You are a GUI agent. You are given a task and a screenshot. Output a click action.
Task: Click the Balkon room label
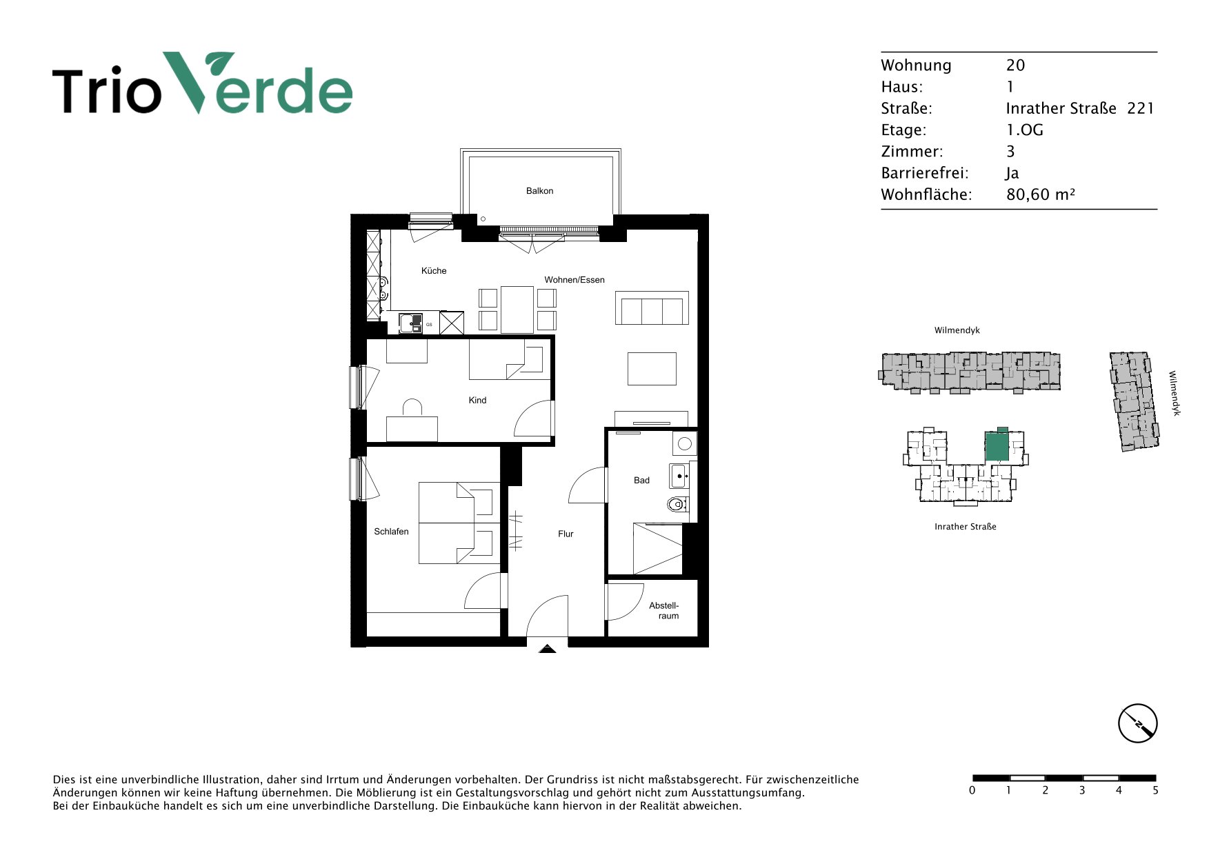tap(539, 191)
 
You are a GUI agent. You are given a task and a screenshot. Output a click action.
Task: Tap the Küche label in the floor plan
tap(434, 271)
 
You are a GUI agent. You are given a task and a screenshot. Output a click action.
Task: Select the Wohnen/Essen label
tap(574, 280)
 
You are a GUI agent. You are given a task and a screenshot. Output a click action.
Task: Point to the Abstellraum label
tap(664, 611)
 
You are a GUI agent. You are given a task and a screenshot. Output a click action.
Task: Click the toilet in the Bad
tap(678, 505)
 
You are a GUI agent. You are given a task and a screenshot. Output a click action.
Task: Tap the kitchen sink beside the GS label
tap(410, 323)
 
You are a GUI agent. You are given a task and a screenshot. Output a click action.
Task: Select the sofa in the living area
tap(652, 308)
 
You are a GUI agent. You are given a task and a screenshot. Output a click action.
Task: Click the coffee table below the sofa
tap(652, 369)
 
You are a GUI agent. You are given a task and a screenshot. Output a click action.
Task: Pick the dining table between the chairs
tap(517, 310)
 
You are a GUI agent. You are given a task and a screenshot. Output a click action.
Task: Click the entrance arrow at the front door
tap(547, 649)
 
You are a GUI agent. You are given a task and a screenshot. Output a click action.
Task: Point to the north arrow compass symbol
tap(1137, 723)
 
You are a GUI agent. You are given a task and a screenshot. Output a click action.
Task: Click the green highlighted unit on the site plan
tap(997, 445)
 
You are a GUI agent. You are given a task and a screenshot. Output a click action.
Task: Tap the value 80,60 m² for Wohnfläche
tap(1041, 194)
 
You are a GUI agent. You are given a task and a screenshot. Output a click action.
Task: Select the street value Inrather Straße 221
tap(1080, 108)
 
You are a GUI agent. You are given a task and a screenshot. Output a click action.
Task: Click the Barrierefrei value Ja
tap(1012, 173)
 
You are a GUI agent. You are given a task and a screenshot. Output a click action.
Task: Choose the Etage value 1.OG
tap(1024, 130)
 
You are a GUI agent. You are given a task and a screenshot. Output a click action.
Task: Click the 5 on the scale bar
tap(1155, 790)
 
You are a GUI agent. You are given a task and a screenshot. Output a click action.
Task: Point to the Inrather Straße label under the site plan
tap(966, 527)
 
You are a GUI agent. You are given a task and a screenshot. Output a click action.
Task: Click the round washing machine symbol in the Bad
tap(685, 444)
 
